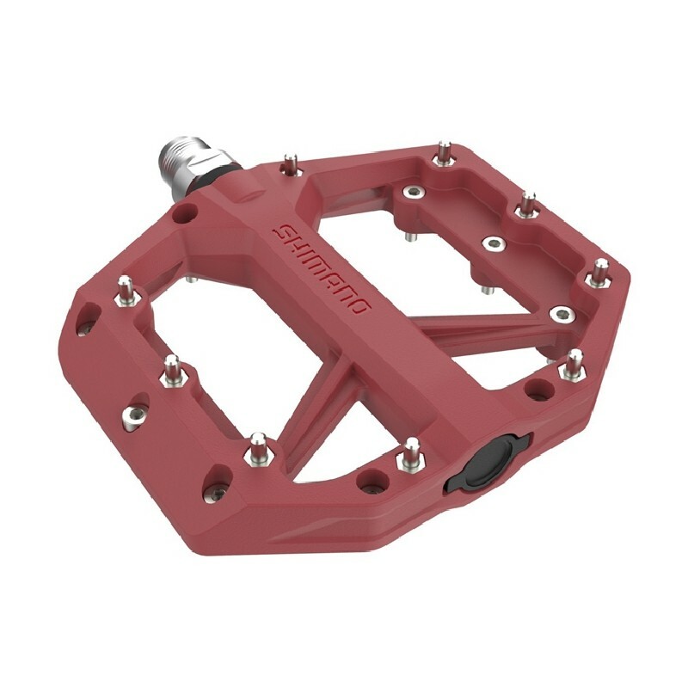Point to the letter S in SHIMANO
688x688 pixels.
(281, 230)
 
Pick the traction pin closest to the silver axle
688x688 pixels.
(292, 163)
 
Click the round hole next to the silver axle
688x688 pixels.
(181, 212)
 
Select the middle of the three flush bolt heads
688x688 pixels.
(493, 243)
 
